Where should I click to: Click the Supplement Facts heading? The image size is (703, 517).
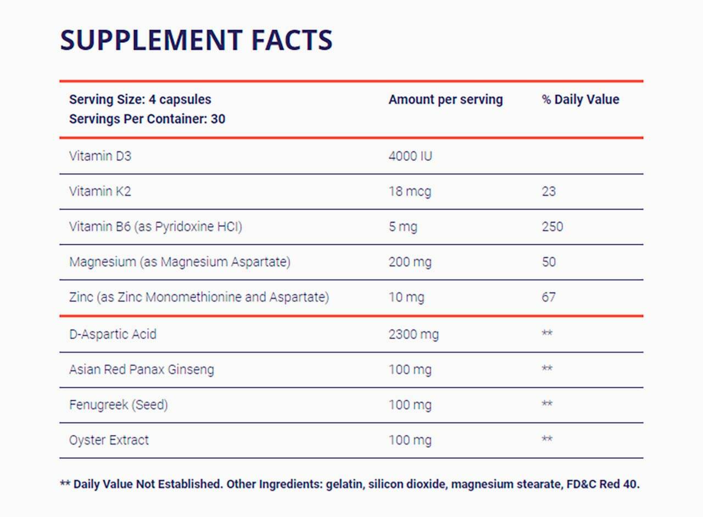point(196,40)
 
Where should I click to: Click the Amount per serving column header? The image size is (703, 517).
point(445,99)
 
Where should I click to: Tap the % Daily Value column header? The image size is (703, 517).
point(580,99)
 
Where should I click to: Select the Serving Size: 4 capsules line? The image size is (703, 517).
point(140,99)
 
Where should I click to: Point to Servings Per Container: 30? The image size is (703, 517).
point(147,119)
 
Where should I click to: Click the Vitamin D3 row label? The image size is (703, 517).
point(100,156)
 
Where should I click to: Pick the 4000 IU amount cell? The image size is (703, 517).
point(410,156)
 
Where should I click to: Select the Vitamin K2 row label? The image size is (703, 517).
point(100,191)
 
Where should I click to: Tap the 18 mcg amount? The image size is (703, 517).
point(410,191)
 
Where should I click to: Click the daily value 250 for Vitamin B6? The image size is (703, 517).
point(552,226)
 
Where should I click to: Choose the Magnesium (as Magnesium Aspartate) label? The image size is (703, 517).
point(180,262)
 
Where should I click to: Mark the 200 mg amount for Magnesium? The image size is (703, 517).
point(410,262)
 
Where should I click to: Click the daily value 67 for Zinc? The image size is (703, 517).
point(548,297)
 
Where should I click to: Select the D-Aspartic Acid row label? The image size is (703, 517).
point(113,334)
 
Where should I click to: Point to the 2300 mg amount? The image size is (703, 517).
point(414,334)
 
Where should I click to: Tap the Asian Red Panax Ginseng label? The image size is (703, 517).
point(142,369)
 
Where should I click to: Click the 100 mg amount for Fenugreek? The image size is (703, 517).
point(410,404)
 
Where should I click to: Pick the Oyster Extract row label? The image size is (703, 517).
point(109,440)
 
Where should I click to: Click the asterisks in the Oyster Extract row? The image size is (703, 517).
point(547,439)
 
